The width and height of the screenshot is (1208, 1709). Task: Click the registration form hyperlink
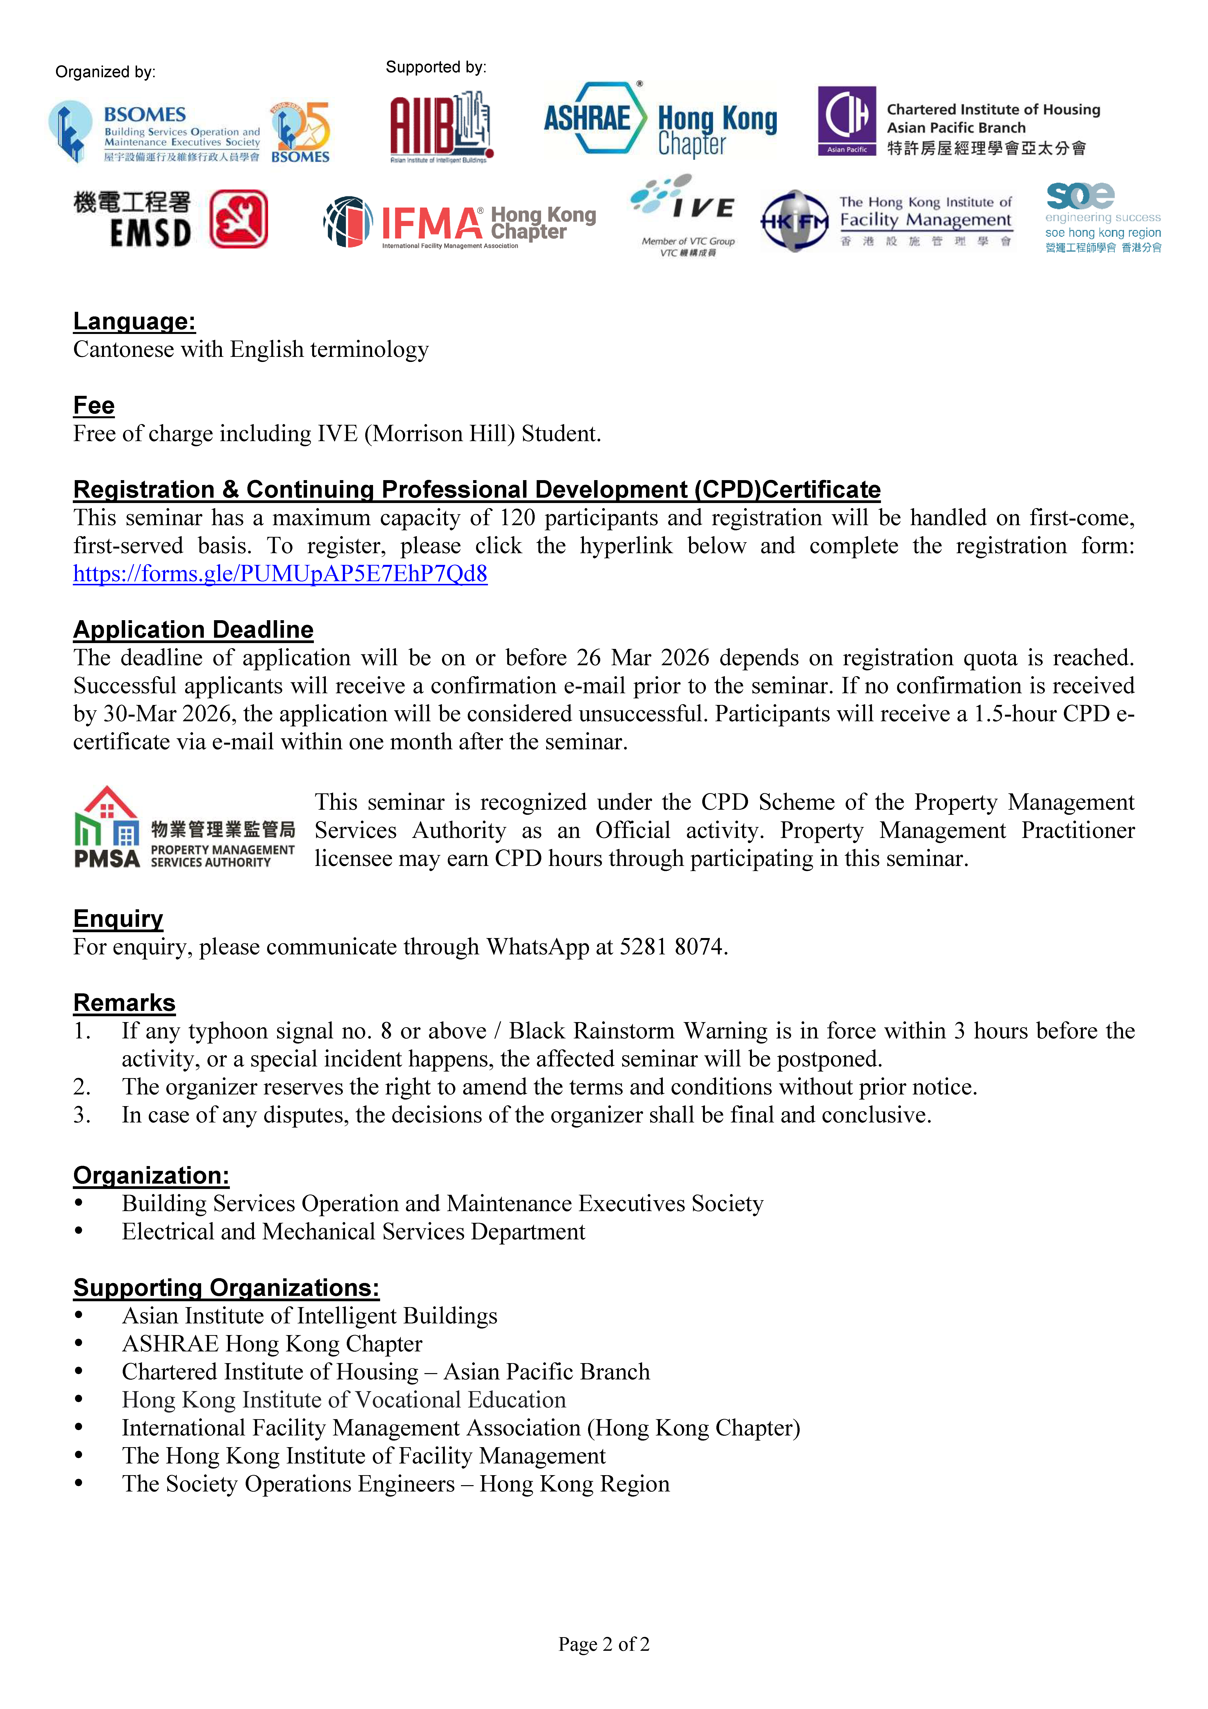point(280,574)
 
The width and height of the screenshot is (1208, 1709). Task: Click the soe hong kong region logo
point(1102,217)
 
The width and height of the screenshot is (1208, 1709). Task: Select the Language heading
point(134,322)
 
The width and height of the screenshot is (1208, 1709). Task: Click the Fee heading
point(94,406)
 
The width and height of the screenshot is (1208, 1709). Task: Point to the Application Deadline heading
point(193,630)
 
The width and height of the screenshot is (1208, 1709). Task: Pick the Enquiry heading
point(118,919)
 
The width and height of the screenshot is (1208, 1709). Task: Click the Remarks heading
point(124,1003)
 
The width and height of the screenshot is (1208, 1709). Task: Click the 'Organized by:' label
point(105,72)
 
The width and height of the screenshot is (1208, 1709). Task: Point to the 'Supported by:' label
point(435,68)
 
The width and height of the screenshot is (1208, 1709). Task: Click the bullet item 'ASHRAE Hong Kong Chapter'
point(272,1344)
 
